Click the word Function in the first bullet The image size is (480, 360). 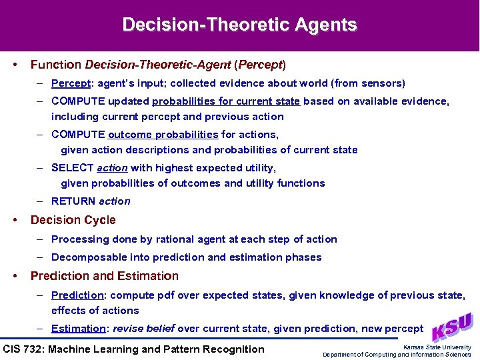pyautogui.click(x=56, y=65)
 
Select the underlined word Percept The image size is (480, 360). pyautogui.click(x=69, y=83)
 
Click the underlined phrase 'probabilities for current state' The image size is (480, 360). pyautogui.click(x=227, y=101)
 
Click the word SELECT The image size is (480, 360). pyautogui.click(x=72, y=168)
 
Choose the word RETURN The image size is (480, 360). pyautogui.click(x=73, y=201)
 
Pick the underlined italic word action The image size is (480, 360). pyautogui.click(x=112, y=168)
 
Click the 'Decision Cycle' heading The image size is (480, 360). pyautogui.click(x=73, y=220)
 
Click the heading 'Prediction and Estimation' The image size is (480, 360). pyautogui.click(x=105, y=276)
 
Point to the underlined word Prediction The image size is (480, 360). pyautogui.click(x=77, y=295)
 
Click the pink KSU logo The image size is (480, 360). pyautogui.click(x=453, y=327)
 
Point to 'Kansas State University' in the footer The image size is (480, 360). pyautogui.click(x=437, y=347)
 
